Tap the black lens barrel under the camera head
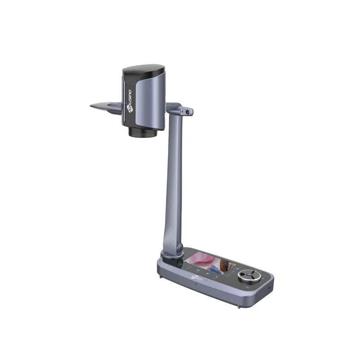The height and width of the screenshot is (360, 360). coord(144,131)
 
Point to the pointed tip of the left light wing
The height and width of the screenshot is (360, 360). coord(92,106)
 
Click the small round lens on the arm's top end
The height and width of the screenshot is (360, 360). coord(184,110)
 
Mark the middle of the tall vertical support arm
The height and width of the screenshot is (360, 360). coord(174,180)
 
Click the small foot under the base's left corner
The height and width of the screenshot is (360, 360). coord(161,276)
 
